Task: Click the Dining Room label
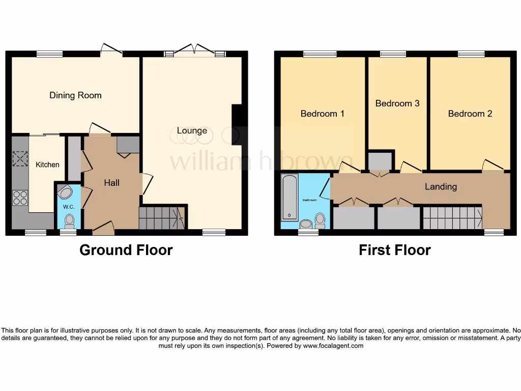(x=75, y=95)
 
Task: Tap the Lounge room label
(x=192, y=130)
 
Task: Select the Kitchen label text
(x=47, y=164)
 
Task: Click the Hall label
(x=112, y=182)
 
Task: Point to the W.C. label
(x=68, y=207)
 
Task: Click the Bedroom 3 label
(x=397, y=103)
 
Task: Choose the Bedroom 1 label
(x=322, y=114)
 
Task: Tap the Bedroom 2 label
(x=470, y=114)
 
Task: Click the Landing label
(x=441, y=186)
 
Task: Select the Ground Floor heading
(x=126, y=250)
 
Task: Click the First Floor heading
(x=394, y=250)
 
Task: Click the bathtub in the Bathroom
(x=290, y=198)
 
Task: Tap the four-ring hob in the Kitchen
(x=20, y=197)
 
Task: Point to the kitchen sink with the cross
(x=20, y=159)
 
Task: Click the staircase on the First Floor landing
(x=452, y=217)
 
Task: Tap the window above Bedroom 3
(x=393, y=53)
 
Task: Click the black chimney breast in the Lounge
(x=236, y=125)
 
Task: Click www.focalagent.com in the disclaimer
(x=333, y=346)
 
